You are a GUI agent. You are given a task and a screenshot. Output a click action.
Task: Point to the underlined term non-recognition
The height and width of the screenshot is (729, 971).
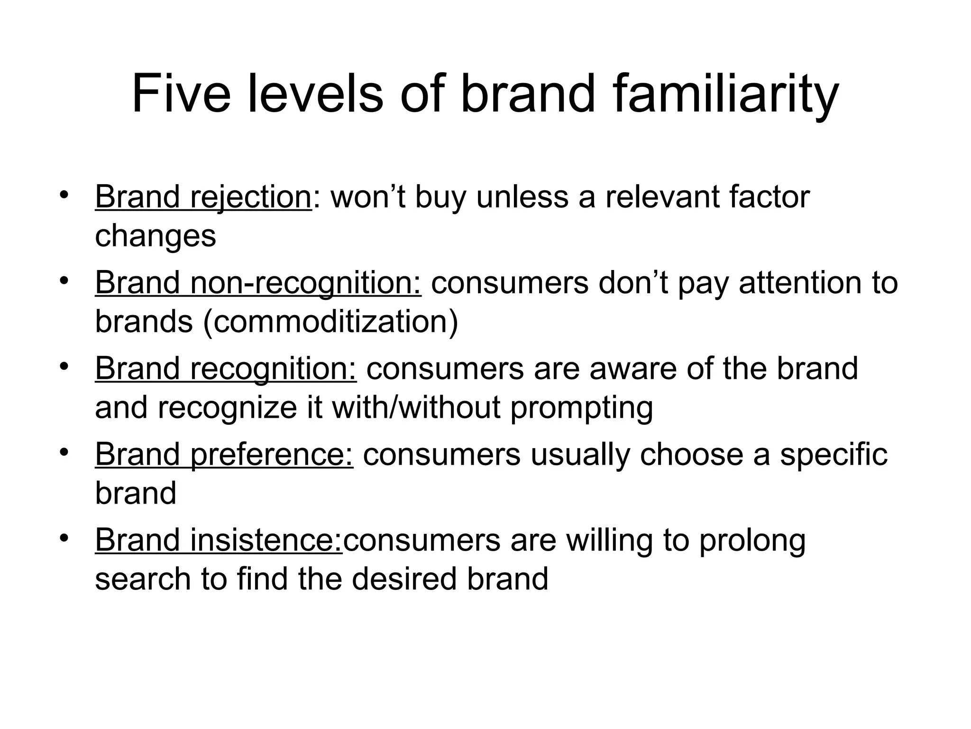pyautogui.click(x=305, y=283)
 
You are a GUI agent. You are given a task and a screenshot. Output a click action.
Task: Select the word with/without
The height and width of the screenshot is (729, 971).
pyautogui.click(x=416, y=408)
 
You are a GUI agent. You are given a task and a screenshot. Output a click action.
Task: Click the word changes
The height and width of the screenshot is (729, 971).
pyautogui.click(x=156, y=236)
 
